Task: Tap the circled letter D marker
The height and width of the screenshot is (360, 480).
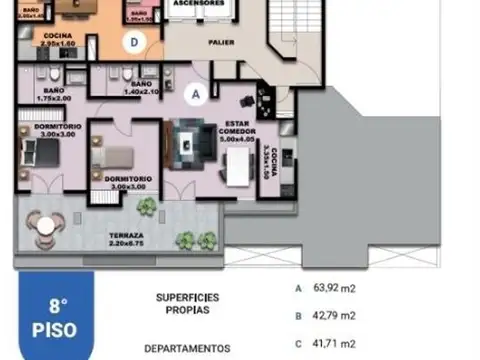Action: (133, 41)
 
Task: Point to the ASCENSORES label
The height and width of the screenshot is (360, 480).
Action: (197, 4)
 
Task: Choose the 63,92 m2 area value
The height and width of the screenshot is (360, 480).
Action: (334, 288)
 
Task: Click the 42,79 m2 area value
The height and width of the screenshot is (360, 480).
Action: (334, 315)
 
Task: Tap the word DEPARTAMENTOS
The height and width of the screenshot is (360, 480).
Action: (188, 348)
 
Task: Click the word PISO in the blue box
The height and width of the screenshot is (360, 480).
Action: (59, 327)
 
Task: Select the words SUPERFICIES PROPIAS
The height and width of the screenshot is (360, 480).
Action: (188, 303)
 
